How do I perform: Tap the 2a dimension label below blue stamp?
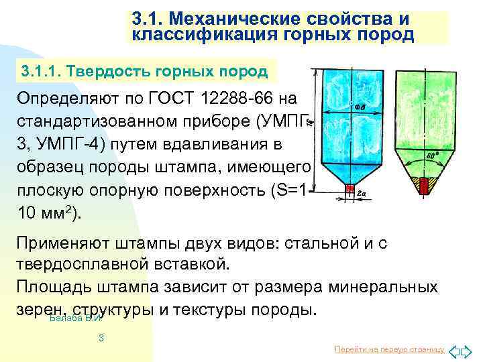click(x=361, y=193)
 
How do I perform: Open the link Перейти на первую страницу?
click(x=389, y=350)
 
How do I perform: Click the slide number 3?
click(x=101, y=338)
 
